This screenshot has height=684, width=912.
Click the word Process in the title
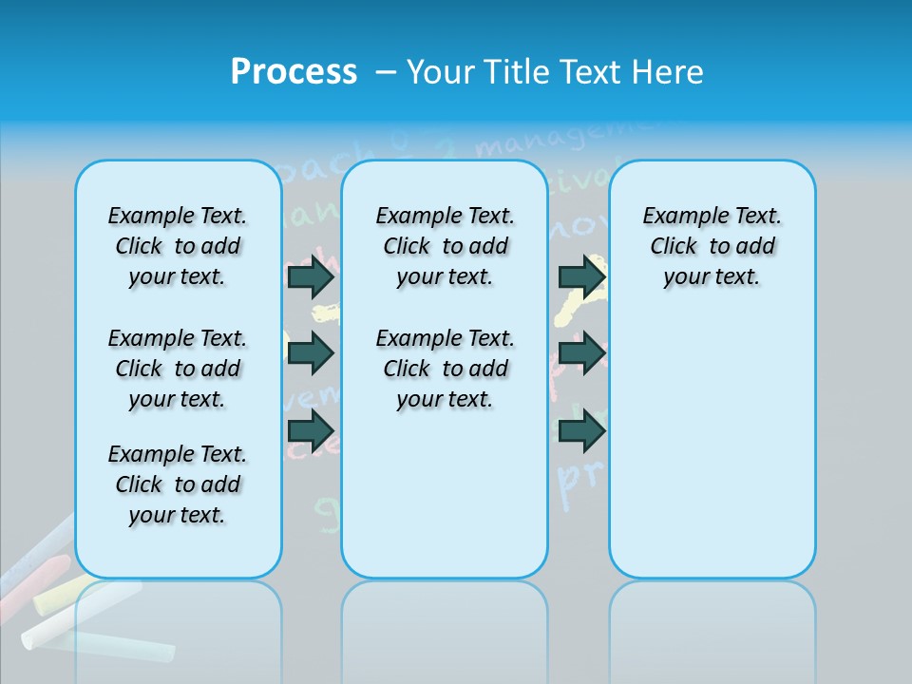294,72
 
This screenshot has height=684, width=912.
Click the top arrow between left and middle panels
311,277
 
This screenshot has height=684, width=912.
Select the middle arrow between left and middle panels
311,353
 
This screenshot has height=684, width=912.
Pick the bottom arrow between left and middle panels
311,431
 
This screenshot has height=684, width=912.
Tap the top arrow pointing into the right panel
581,277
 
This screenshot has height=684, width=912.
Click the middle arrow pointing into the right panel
581,353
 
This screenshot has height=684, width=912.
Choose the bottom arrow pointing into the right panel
581,431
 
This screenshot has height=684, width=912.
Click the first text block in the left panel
178,246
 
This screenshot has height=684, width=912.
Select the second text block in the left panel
178,369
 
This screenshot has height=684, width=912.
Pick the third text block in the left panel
178,484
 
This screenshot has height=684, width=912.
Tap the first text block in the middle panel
445,246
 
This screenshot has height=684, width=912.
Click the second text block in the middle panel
445,369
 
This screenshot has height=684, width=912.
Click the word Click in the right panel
674,247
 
